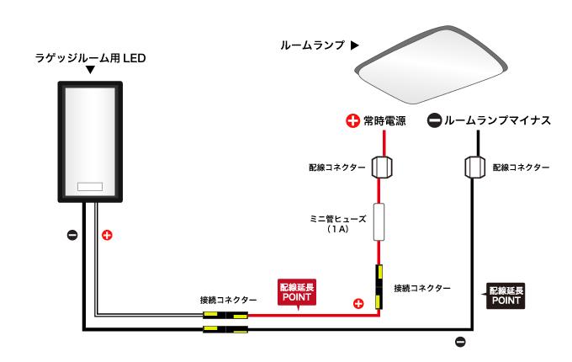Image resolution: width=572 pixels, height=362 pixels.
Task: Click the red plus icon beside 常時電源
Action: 353,121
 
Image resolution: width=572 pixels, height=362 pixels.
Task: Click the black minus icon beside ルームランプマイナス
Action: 434,121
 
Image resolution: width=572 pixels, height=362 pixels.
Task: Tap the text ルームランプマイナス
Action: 497,121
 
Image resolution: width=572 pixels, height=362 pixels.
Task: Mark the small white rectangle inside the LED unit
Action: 90,186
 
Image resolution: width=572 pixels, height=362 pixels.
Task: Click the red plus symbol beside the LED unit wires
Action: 107,234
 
